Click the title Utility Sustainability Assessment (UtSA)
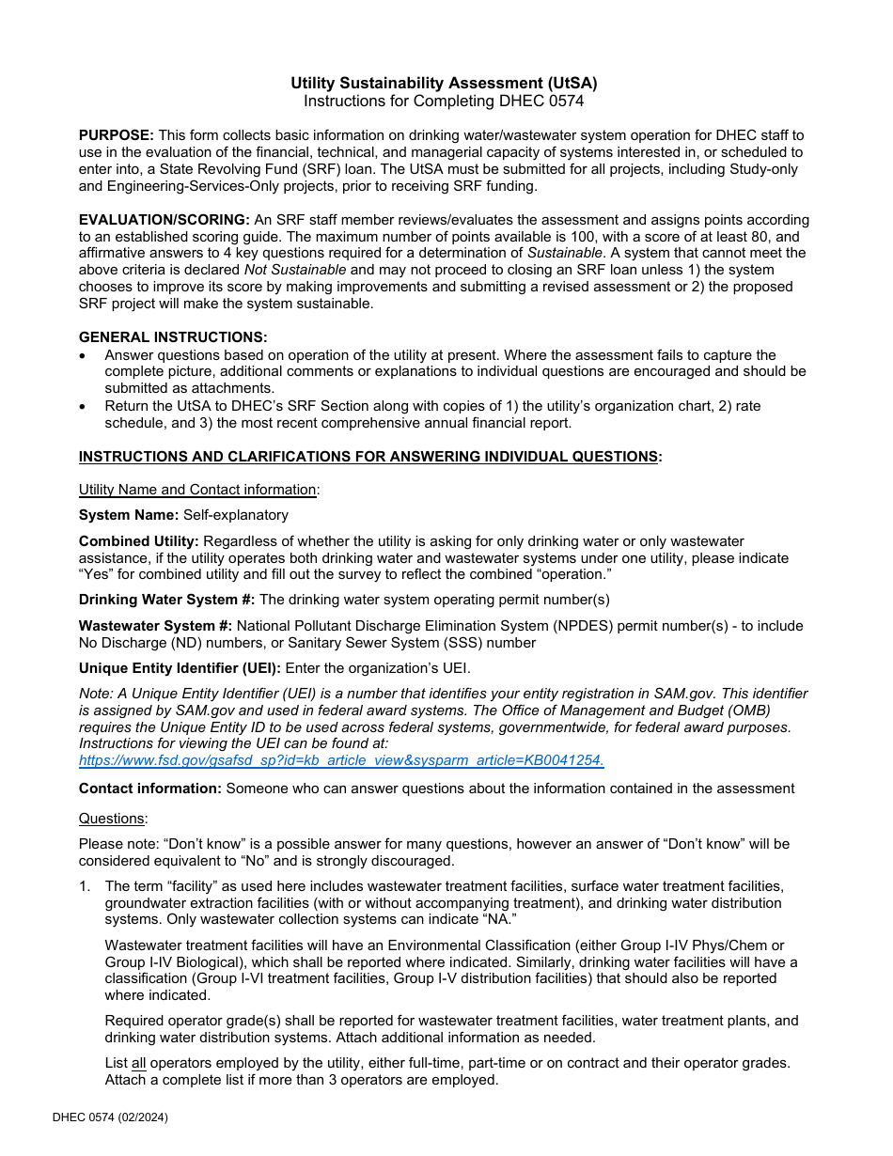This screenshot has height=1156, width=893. point(444,83)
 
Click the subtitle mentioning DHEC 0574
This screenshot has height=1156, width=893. point(444,101)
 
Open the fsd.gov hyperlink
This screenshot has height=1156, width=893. point(341,761)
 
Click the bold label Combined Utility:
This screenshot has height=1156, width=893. point(138,541)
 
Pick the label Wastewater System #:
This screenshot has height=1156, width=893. point(155,626)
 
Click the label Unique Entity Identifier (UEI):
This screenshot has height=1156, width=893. point(180,668)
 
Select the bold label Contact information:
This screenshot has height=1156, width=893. point(150,789)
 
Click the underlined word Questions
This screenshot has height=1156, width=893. point(112,819)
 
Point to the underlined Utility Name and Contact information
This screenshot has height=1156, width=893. point(197,490)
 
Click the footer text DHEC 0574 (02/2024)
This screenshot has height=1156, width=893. point(110,1117)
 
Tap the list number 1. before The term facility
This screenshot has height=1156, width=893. point(85,886)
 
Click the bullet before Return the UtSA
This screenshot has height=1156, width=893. point(85,406)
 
